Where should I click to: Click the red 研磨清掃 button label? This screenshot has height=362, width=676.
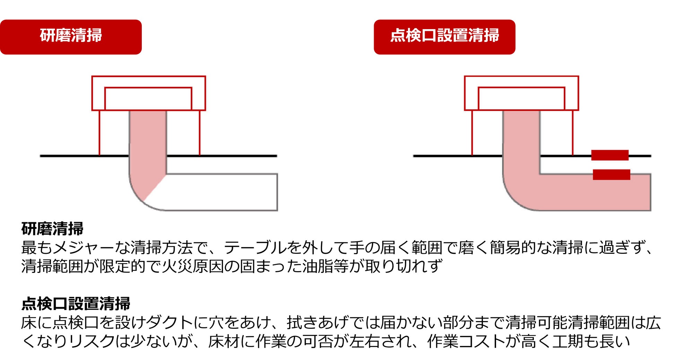tap(71, 36)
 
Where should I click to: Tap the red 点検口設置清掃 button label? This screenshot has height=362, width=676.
tap(444, 36)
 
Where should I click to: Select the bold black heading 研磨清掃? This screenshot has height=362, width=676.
tap(52, 229)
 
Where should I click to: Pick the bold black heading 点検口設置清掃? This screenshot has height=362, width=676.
tap(76, 304)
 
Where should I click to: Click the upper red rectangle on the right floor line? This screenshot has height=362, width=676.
tap(610, 155)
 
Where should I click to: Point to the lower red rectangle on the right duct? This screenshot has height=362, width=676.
tap(611, 174)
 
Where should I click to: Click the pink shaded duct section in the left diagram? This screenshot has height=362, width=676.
tap(148, 149)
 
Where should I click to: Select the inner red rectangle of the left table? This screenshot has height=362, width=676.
tap(148, 98)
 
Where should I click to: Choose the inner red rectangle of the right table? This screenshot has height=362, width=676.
tap(521, 98)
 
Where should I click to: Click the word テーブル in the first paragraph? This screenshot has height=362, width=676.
tap(255, 248)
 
